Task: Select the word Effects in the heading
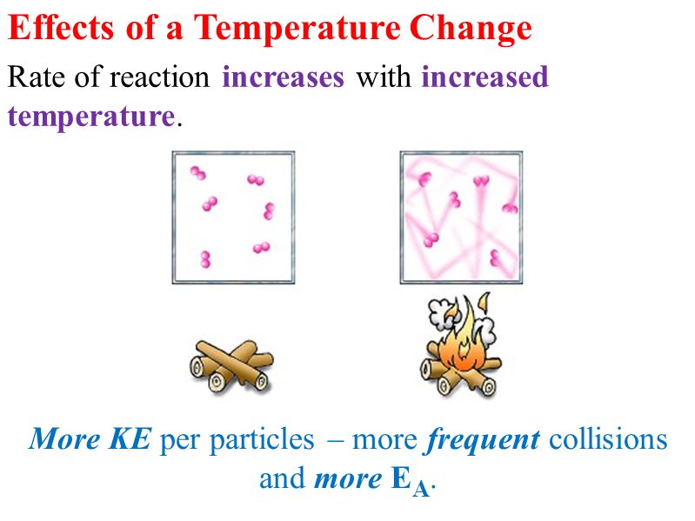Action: (x=61, y=28)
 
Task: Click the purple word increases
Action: (x=283, y=77)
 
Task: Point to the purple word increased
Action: (x=484, y=77)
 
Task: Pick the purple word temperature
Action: (x=91, y=117)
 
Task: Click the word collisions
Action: (x=608, y=439)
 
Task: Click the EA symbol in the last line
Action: (x=411, y=482)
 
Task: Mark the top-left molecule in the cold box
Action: (x=197, y=173)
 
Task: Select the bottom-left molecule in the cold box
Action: (x=205, y=259)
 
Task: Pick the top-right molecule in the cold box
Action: (x=256, y=179)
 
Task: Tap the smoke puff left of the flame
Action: (x=441, y=311)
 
